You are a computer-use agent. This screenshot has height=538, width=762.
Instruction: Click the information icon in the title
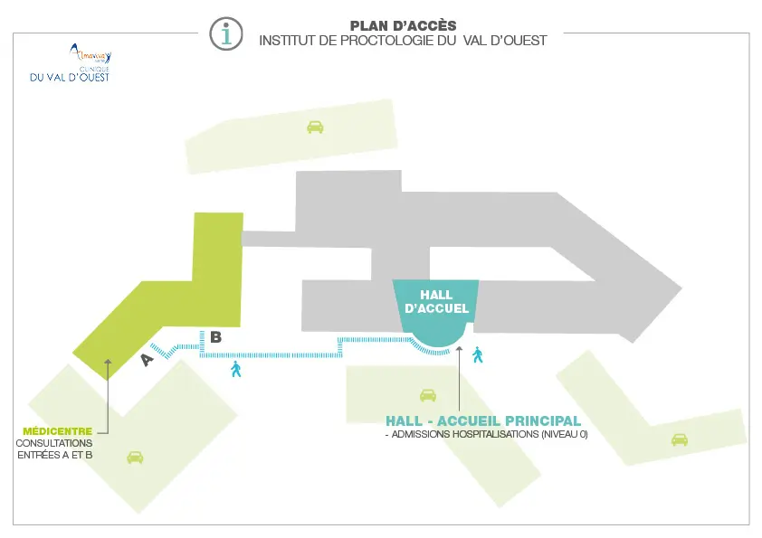coord(225,33)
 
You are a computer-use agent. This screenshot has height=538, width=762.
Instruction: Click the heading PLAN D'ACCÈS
coord(403,25)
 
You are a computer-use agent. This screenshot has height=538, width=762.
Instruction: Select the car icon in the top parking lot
coord(315,127)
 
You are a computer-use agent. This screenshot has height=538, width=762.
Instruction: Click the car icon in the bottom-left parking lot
coord(135,457)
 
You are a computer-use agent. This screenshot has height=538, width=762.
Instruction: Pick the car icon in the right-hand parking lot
coord(679,439)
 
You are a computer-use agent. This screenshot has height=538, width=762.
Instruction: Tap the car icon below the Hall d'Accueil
coord(428,394)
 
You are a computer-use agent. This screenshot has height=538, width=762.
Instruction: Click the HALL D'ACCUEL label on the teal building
coord(436,302)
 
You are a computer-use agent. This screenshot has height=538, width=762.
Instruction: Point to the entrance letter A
coord(147,360)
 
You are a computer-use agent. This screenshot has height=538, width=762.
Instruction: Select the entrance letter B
coord(215,337)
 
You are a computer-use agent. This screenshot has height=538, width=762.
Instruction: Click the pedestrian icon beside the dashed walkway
coord(236,368)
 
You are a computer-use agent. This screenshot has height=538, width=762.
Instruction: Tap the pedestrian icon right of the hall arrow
coord(477,354)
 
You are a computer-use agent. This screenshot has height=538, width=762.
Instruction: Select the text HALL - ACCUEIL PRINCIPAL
coord(482,420)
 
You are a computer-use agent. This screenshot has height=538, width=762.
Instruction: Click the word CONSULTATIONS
coord(54,443)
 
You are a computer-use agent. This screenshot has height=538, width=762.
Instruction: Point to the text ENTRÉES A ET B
coord(55,456)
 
